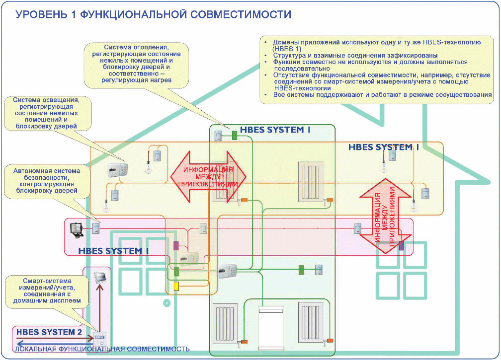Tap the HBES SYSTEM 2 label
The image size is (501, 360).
coord(48,332)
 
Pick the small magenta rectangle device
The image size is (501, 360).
coord(175,245)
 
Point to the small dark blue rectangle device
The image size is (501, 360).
coord(401,245)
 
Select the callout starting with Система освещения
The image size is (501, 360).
coord(48,113)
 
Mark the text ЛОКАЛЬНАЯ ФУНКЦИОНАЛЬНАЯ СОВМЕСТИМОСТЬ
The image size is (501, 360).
coord(102,349)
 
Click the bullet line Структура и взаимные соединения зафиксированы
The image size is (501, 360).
coord(355,55)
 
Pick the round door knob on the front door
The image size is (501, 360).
coord(168,302)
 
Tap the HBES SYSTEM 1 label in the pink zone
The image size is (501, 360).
coord(113,251)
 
